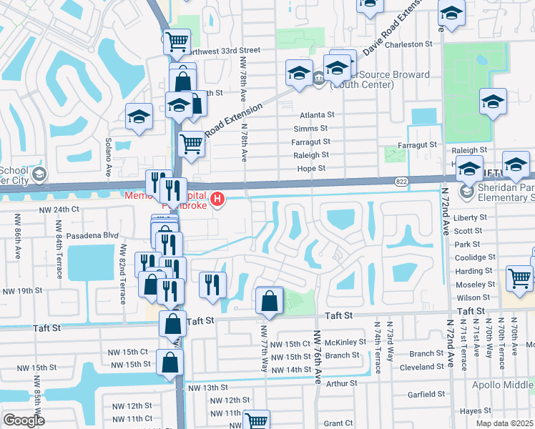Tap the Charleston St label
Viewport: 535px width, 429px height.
point(410,44)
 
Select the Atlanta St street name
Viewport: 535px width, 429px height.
point(317,114)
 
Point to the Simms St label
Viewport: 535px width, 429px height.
point(310,129)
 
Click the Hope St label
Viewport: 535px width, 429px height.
point(311,169)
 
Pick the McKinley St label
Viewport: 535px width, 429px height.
point(345,342)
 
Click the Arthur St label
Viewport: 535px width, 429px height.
point(341,383)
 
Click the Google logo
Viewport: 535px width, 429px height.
point(24,420)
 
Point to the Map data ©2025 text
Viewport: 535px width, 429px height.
point(504,423)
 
